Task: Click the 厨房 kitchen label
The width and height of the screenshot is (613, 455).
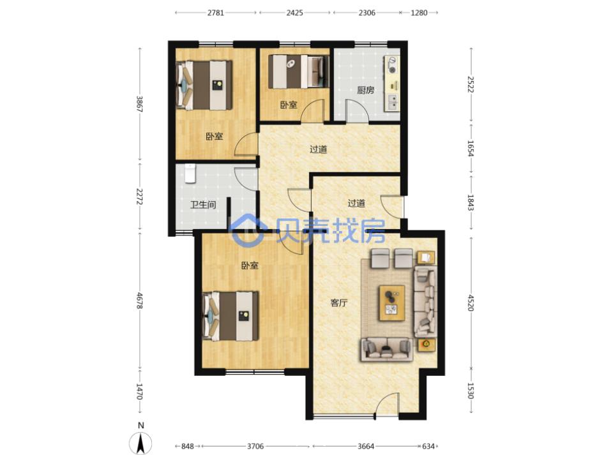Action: (x=365, y=90)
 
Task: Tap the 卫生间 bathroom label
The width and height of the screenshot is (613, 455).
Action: (x=203, y=204)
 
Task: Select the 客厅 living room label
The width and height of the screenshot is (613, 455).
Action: (x=338, y=302)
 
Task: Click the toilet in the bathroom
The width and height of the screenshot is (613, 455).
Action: (x=190, y=174)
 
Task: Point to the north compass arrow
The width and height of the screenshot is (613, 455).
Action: (x=140, y=443)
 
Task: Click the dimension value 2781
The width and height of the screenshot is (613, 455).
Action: (x=216, y=13)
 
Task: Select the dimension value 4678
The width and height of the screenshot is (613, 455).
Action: (x=139, y=301)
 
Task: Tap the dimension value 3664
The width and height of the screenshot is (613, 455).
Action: (x=366, y=446)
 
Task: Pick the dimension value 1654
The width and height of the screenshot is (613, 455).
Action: (x=471, y=149)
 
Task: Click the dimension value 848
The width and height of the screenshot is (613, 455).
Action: (x=188, y=446)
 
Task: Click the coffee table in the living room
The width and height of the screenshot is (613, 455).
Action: (x=391, y=303)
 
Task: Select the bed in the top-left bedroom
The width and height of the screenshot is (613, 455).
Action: (x=204, y=85)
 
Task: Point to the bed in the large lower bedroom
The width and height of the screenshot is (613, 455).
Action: (x=230, y=316)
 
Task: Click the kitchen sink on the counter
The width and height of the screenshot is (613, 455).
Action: (x=392, y=102)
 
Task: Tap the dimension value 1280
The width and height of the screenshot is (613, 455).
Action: (x=419, y=13)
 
